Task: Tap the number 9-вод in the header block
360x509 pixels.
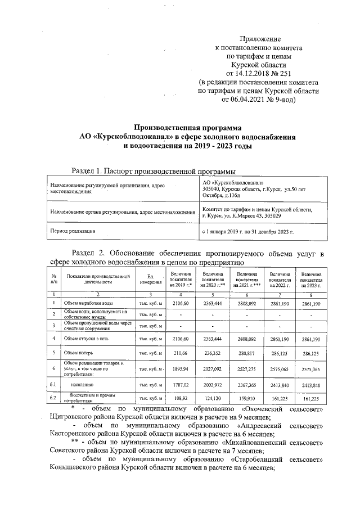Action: pos(279,99)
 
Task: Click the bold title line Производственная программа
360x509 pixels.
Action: pos(187,128)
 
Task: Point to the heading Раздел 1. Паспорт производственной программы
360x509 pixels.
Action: pos(153,170)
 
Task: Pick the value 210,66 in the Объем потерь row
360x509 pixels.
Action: pos(181,353)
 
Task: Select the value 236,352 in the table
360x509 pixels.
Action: pos(213,353)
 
